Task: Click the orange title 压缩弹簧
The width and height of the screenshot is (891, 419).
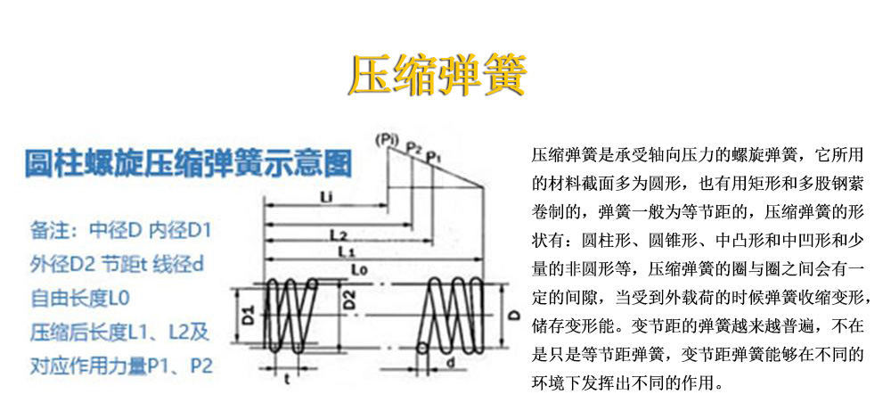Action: [x=437, y=75]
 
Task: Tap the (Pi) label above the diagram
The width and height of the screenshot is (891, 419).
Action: [x=386, y=140]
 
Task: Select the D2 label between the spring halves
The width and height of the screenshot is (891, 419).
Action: [x=350, y=300]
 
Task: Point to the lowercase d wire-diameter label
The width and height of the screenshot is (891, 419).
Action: [x=452, y=363]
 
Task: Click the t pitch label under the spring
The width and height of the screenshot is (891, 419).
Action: [x=286, y=377]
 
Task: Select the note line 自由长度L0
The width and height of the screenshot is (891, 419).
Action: [x=80, y=298]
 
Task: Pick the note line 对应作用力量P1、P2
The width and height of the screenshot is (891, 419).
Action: [x=122, y=366]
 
